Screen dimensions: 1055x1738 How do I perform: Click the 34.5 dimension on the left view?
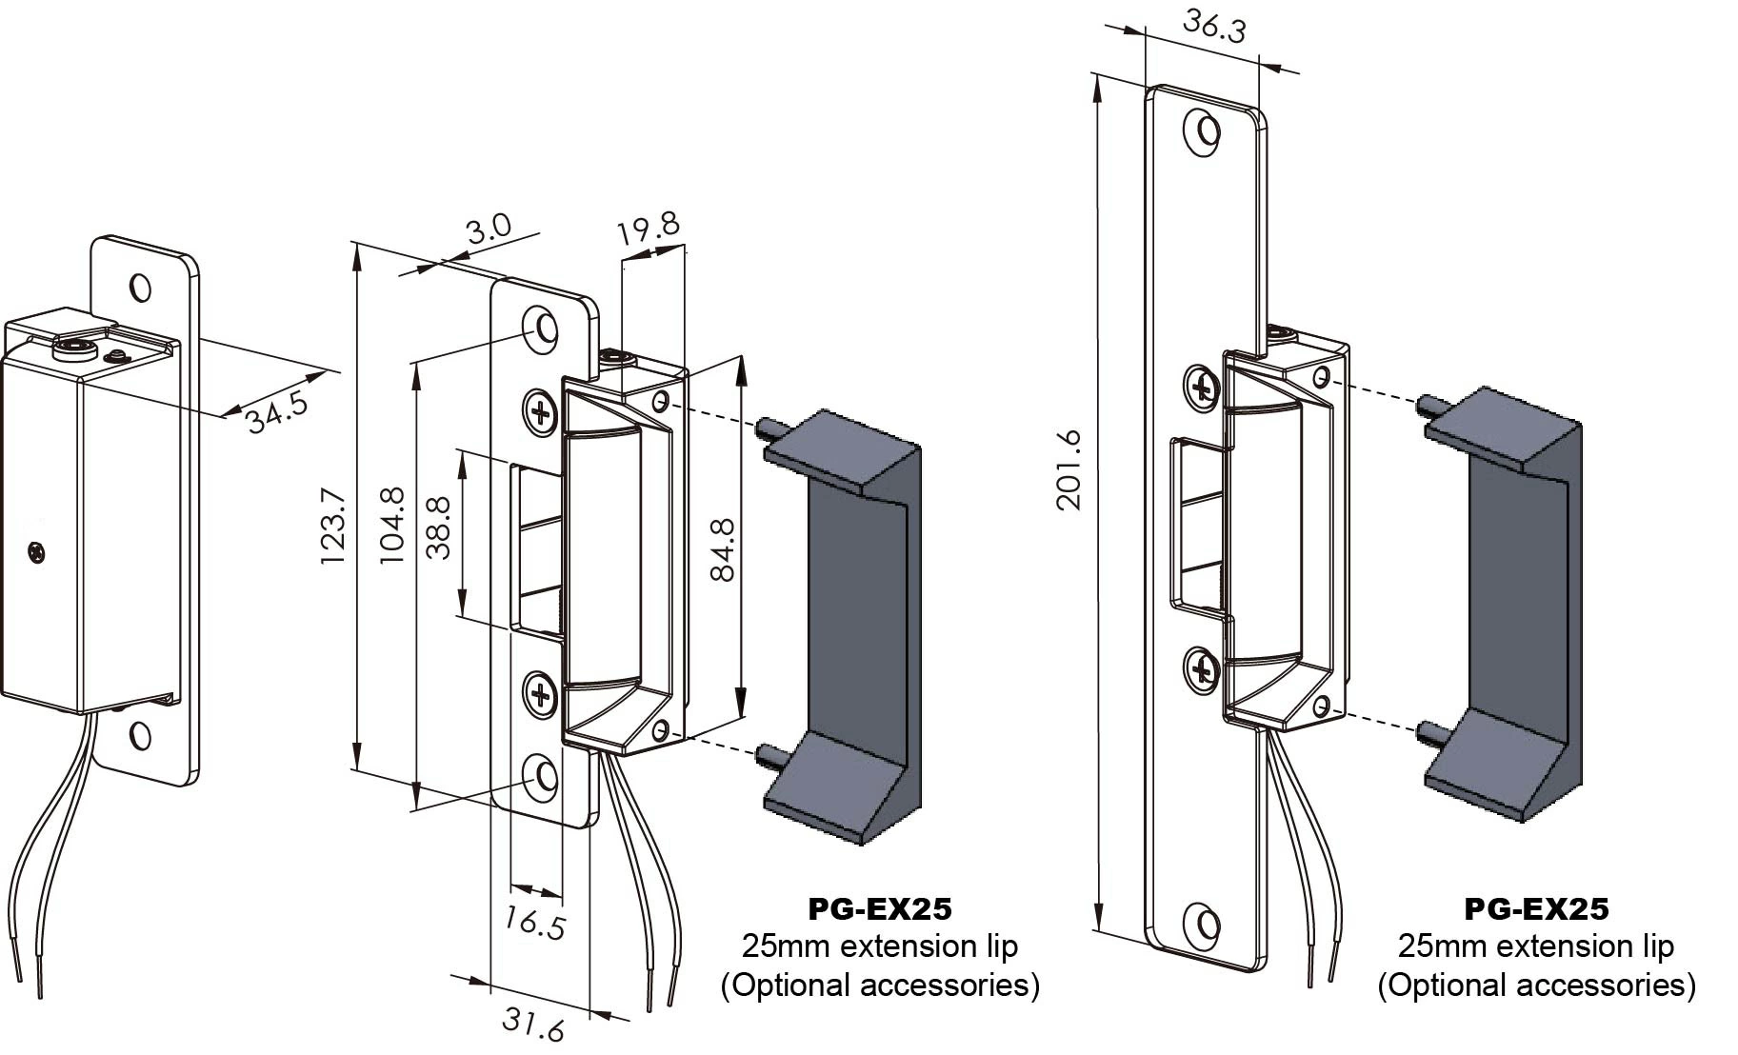[x=277, y=412]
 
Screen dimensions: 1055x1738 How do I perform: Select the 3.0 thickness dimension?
[x=489, y=229]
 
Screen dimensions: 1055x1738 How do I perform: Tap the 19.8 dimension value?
[x=648, y=228]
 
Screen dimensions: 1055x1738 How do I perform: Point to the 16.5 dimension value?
[x=535, y=924]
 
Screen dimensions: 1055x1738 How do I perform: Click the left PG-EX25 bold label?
[x=879, y=909]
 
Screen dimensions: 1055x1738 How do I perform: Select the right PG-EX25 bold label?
[x=1536, y=909]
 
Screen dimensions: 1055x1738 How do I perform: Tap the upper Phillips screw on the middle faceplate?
[x=541, y=412]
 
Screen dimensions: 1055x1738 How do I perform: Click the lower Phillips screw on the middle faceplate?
[x=541, y=696]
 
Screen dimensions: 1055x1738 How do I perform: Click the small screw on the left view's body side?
[x=37, y=551]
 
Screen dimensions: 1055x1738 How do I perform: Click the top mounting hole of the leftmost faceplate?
[x=140, y=288]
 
